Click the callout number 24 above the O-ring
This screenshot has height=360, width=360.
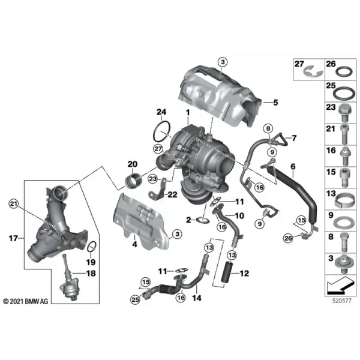[161, 112]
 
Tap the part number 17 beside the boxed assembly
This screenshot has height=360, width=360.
[13, 238]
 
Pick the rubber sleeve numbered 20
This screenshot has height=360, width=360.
[133, 181]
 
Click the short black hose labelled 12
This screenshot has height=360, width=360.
[227, 272]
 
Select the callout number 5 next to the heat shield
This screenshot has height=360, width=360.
[275, 103]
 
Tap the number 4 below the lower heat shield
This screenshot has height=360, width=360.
[134, 244]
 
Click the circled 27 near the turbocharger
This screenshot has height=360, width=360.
[158, 149]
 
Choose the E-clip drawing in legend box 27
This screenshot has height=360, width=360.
[313, 71]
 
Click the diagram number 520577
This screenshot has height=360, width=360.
[342, 301]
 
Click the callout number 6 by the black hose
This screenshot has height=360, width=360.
[293, 166]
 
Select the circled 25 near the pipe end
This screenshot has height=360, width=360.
[135, 299]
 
